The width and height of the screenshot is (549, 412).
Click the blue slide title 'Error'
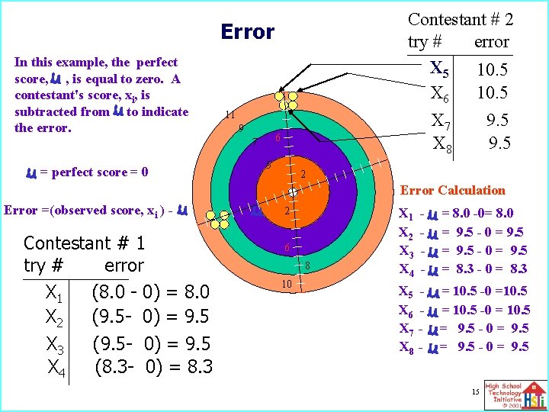pyautogui.click(x=247, y=32)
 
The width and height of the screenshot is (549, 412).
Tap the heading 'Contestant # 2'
pyautogui.click(x=461, y=19)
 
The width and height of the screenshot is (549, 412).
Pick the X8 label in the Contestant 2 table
pyautogui.click(x=442, y=143)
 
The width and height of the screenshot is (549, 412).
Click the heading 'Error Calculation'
pyautogui.click(x=452, y=190)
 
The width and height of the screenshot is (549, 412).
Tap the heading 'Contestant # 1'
pyautogui.click(x=85, y=243)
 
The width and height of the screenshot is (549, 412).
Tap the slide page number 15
pyautogui.click(x=474, y=391)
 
